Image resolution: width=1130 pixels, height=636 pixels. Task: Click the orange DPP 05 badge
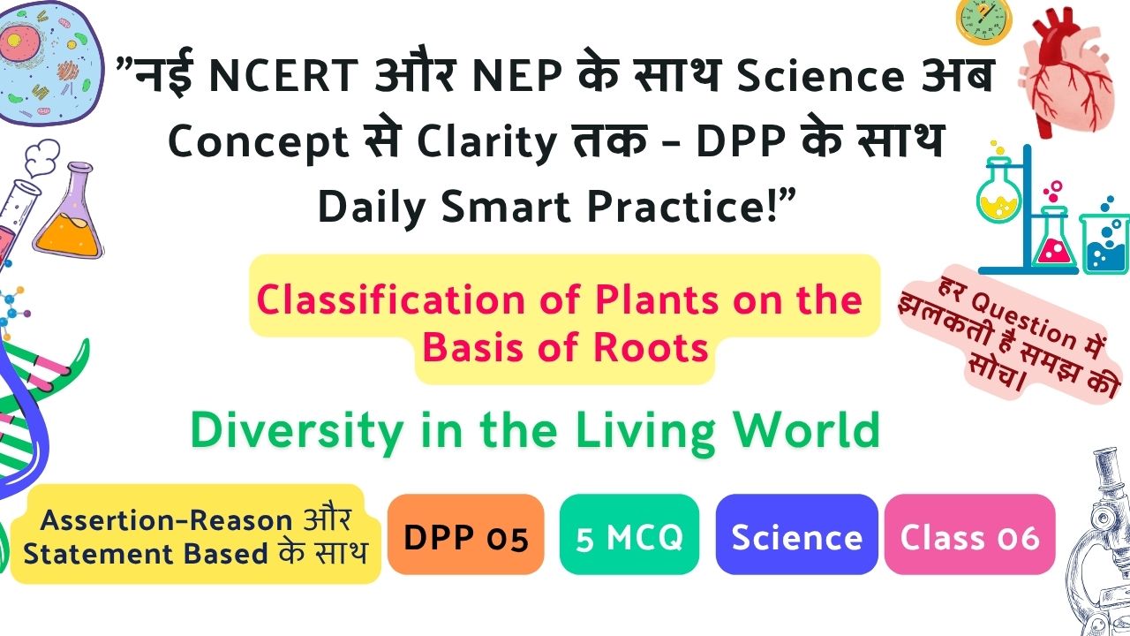(465, 534)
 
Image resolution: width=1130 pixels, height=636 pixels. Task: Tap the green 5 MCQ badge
(629, 534)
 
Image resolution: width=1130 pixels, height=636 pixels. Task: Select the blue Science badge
(796, 534)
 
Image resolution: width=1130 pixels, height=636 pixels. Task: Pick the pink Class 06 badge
(969, 534)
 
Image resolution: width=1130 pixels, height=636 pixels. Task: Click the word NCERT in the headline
(283, 76)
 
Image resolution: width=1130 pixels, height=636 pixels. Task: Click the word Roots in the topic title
(651, 348)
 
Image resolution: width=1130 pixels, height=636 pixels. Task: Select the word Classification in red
(391, 299)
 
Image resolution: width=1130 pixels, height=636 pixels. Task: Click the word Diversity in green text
(297, 432)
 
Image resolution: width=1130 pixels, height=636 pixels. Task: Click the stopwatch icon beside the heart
(983, 20)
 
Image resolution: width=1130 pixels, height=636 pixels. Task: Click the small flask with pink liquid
(1054, 241)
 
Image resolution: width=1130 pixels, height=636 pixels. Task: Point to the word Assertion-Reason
(167, 520)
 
